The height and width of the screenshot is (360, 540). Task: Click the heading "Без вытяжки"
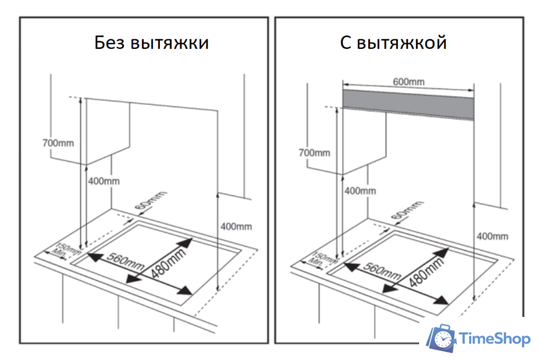151,44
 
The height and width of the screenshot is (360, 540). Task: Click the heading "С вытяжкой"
393,44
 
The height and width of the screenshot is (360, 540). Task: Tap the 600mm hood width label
408,82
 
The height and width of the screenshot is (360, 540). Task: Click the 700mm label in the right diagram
314,152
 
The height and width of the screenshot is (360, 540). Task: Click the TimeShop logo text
494,339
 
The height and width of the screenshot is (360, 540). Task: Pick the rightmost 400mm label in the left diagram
236,226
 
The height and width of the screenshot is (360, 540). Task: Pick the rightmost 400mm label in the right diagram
492,236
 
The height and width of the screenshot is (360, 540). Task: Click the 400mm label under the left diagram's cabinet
104,181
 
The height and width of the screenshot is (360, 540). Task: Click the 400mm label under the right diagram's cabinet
360,191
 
